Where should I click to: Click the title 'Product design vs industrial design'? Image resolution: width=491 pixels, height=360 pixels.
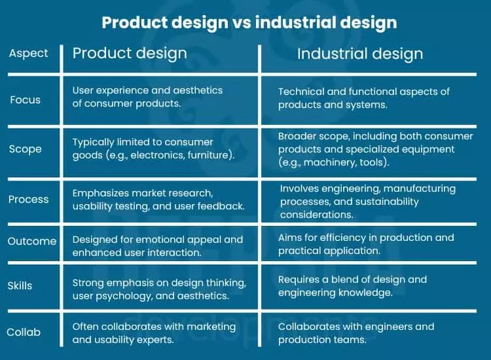point(249,22)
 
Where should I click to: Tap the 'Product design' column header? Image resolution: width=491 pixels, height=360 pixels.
point(130,53)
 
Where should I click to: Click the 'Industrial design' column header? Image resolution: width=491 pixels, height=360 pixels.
point(360,54)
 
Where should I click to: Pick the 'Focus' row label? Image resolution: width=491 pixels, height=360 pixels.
point(26,100)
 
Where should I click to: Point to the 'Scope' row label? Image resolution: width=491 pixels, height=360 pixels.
point(26,149)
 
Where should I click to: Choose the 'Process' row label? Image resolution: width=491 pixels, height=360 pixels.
point(28,200)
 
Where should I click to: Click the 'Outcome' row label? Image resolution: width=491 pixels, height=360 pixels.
point(32,242)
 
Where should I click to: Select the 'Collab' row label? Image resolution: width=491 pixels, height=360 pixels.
point(24,332)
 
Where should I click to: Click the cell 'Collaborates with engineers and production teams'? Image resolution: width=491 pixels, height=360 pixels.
point(356,333)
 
